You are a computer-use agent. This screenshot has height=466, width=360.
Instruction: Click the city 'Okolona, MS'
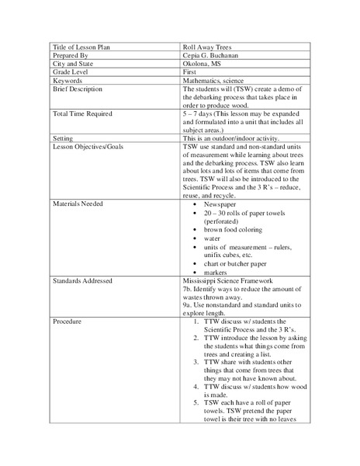tap(202, 64)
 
